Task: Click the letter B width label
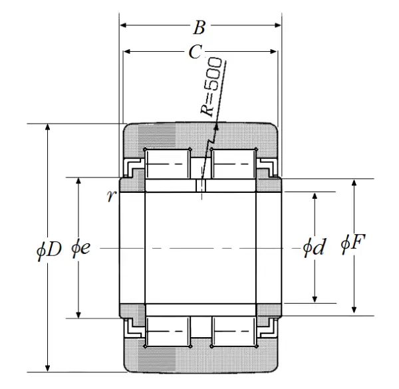tap(199, 27)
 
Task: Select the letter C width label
tap(196, 52)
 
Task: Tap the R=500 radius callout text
tap(211, 86)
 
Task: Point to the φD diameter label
tap(49, 250)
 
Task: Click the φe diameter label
tap(80, 248)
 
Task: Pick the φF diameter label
tap(353, 243)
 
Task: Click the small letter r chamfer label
tap(112, 196)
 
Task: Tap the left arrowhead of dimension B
tap(123, 25)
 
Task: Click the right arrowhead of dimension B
tap(277, 25)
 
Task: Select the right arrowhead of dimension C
tap(273, 52)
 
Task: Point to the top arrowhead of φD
tap(47, 127)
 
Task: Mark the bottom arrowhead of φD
tap(47, 368)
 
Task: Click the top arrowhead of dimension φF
tap(354, 183)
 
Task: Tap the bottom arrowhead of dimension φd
tap(315, 299)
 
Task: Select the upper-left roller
tap(168, 164)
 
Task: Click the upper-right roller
tap(234, 164)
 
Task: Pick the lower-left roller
tap(168, 331)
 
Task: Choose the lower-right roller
tap(234, 331)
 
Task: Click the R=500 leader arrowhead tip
tap(217, 124)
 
